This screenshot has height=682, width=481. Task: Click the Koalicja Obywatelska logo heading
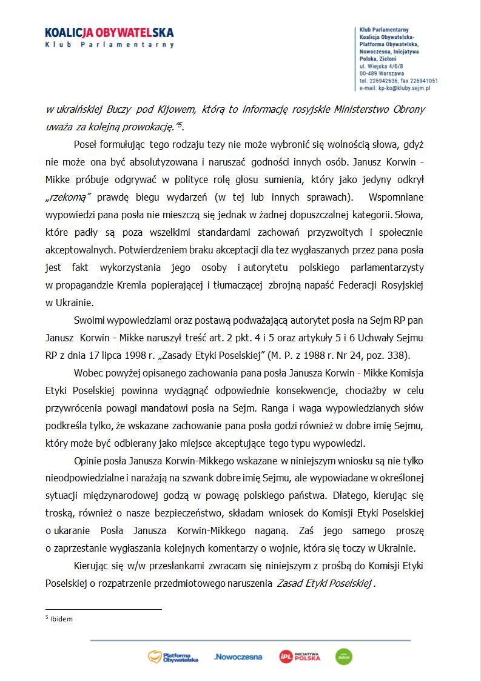pos(109,32)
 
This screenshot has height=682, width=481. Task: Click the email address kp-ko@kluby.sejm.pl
pos(403,88)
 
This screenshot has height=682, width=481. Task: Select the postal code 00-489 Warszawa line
pos(382,73)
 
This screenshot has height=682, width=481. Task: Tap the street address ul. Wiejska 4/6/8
pos(381,65)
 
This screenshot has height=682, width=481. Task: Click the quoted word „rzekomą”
pos(69,198)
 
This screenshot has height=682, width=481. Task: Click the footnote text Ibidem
pos(61,619)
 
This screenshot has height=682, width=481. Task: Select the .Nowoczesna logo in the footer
pos(238,657)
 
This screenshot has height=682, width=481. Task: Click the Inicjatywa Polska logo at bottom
pos(300,657)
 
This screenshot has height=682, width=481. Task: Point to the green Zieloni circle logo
pos(344,657)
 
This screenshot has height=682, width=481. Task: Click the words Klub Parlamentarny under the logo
pos(109,45)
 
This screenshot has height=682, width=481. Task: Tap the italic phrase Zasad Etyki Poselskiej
pos(324,583)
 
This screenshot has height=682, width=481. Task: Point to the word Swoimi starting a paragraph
pos(89,319)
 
